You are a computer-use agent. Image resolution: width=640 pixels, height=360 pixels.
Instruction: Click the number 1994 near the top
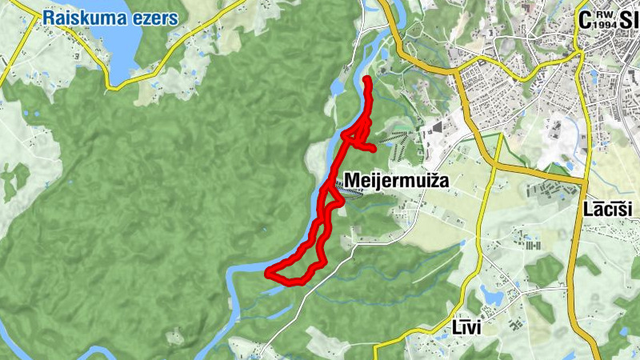(x=605, y=25)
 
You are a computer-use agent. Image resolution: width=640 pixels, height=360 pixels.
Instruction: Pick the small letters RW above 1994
(x=605, y=14)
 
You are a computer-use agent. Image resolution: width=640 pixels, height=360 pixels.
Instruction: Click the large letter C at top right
(x=585, y=20)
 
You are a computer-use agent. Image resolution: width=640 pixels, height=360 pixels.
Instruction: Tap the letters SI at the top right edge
(x=629, y=20)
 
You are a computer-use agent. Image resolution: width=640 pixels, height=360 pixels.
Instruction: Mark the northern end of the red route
(x=366, y=79)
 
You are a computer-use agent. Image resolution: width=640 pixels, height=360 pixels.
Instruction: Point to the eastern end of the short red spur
(x=374, y=149)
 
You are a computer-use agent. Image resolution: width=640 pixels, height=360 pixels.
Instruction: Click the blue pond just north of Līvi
(x=490, y=297)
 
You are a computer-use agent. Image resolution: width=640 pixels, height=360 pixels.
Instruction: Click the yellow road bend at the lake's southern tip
(x=120, y=83)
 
